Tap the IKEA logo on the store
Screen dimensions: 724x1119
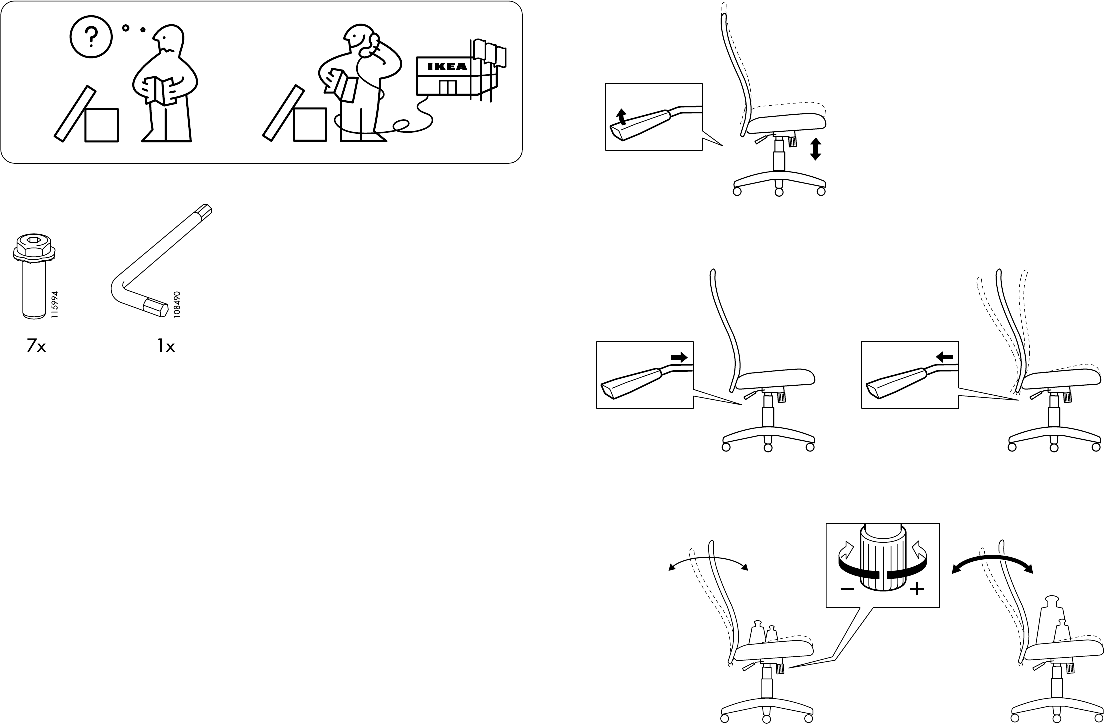tap(447, 67)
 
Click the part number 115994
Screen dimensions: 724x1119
tap(55, 305)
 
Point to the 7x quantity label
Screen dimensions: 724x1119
tap(36, 346)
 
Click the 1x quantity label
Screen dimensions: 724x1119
tap(166, 346)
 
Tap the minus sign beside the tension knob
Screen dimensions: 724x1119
tap(847, 589)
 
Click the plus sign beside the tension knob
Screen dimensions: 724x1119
tap(916, 589)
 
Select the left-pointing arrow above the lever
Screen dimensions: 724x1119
tap(945, 357)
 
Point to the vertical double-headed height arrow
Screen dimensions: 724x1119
tap(816, 149)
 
